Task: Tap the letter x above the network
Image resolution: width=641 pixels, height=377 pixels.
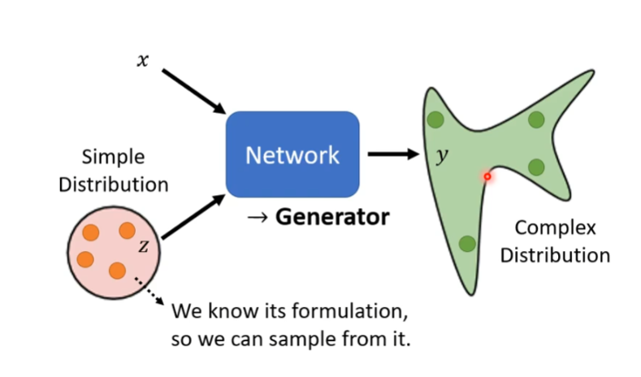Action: point(142,60)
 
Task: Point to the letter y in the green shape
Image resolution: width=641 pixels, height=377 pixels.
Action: point(441,156)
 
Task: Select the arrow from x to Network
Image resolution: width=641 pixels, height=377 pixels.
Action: point(193,91)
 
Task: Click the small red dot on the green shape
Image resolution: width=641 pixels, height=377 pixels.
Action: point(487,175)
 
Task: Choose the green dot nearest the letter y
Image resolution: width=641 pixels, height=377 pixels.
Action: point(435,120)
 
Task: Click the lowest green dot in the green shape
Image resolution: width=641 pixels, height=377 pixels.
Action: point(467,243)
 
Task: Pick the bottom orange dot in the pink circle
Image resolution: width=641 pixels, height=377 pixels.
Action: point(117,270)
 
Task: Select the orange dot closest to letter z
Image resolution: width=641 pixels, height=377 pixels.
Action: point(127,231)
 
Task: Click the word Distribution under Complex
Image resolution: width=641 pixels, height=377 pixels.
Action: point(555,255)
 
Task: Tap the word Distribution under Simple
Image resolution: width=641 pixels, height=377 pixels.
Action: point(112,184)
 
